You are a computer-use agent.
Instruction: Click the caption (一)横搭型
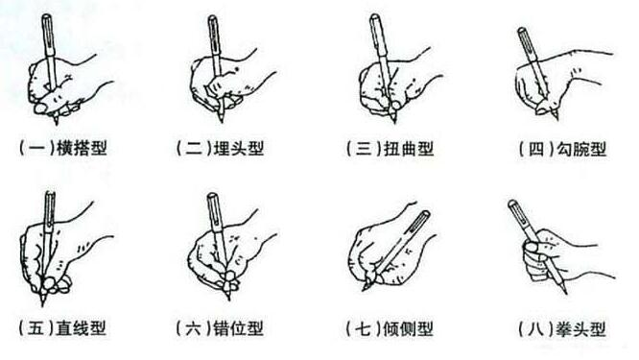pos(61,149)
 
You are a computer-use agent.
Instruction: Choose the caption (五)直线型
pos(61,329)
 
